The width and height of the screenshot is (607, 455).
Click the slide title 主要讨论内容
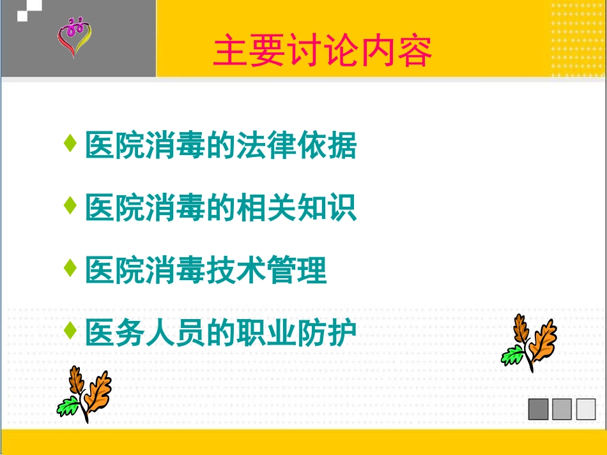tap(323, 52)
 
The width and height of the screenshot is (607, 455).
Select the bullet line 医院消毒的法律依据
tap(221, 146)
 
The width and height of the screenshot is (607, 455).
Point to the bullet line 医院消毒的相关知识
tap(221, 209)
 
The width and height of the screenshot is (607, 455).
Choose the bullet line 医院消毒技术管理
tap(206, 271)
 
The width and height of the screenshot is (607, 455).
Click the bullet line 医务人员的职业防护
tap(221, 332)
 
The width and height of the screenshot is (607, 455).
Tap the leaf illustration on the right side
tap(529, 343)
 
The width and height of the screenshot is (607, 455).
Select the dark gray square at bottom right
tap(538, 409)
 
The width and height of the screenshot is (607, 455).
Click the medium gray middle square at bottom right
tap(562, 409)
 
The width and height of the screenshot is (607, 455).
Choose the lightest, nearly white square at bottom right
tap(585, 409)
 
